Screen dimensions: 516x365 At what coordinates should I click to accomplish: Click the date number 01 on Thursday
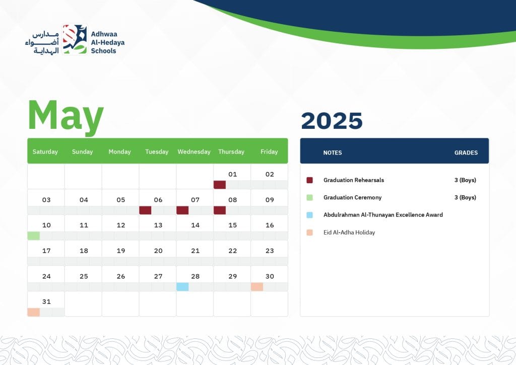click(232, 174)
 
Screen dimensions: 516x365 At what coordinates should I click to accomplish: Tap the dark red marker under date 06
click(145, 210)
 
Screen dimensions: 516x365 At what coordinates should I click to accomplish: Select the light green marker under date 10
click(34, 236)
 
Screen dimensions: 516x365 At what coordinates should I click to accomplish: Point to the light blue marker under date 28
click(182, 287)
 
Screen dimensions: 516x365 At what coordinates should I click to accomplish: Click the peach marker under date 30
click(256, 287)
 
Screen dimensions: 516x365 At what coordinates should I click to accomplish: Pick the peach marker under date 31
click(34, 312)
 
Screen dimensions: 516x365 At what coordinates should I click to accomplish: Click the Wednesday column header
click(194, 152)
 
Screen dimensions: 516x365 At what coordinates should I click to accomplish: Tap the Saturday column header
click(45, 152)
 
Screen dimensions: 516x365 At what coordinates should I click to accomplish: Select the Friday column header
click(269, 152)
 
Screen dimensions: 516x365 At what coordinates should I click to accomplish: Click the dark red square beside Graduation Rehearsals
click(310, 180)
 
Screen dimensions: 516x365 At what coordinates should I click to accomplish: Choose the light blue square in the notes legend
click(310, 215)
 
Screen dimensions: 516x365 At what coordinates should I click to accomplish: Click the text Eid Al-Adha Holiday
click(349, 233)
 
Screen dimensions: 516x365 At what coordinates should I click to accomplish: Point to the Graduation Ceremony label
click(352, 197)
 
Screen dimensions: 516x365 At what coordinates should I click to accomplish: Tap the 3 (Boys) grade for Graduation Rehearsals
click(465, 180)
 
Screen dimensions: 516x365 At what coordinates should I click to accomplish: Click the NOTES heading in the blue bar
click(333, 153)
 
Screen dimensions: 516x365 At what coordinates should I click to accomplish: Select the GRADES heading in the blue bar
click(466, 153)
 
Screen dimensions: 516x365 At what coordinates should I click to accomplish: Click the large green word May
click(66, 117)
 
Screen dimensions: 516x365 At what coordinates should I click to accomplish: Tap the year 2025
click(332, 121)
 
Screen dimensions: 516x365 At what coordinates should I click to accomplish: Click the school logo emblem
click(75, 39)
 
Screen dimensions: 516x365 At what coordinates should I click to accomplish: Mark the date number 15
click(232, 225)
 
